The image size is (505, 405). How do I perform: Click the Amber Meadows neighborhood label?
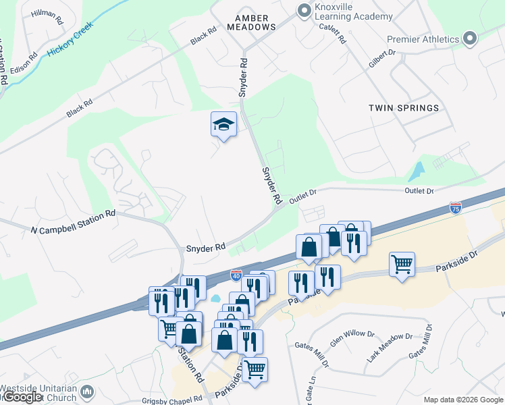(255, 22)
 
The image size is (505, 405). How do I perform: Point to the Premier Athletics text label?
(423, 39)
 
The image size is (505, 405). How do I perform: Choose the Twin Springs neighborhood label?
(404, 108)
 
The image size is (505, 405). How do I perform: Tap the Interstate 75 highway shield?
(456, 208)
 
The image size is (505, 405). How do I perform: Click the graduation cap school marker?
(223, 124)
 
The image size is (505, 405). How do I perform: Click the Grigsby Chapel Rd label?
(169, 400)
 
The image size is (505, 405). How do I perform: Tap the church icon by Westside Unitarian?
(87, 391)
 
